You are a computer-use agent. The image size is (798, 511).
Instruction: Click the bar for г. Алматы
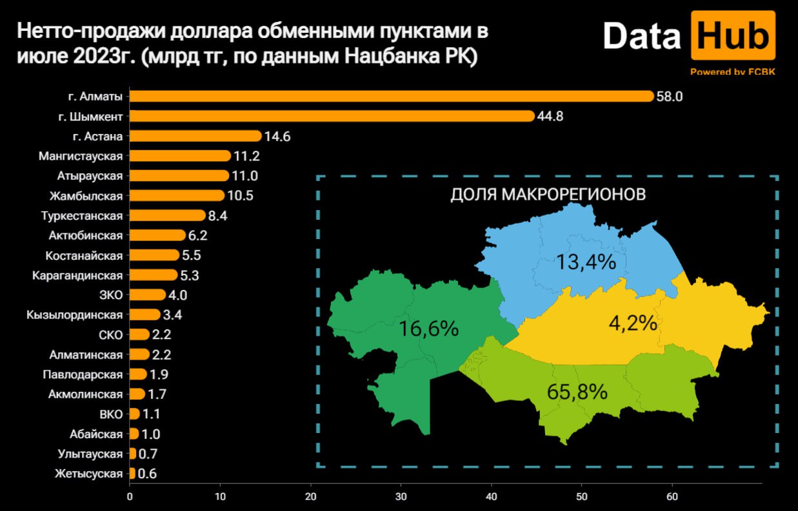392,96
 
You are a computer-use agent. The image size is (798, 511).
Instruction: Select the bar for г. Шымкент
332,116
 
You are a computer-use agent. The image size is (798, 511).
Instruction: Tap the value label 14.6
275,137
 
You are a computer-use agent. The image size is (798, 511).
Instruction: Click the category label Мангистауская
81,156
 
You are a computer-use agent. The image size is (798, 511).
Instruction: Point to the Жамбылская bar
177,195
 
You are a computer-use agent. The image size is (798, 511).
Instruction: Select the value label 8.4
219,216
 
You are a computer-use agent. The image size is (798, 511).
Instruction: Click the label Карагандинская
77,275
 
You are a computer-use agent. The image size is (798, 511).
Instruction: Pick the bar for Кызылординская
145,314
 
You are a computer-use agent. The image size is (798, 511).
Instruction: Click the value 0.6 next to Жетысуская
148,474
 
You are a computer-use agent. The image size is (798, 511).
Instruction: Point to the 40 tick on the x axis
492,497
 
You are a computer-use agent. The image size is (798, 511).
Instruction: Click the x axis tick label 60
672,497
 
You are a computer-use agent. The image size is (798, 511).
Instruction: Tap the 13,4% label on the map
586,262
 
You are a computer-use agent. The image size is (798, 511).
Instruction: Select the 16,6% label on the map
428,328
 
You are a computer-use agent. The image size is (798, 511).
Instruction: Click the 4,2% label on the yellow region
633,323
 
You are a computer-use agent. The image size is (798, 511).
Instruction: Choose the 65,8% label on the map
577,391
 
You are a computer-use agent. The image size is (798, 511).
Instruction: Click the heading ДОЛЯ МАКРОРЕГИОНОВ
548,195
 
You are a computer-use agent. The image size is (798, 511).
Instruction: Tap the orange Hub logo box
732,37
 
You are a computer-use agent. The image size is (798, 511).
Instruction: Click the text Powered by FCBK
732,72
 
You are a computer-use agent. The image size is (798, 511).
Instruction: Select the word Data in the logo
642,37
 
